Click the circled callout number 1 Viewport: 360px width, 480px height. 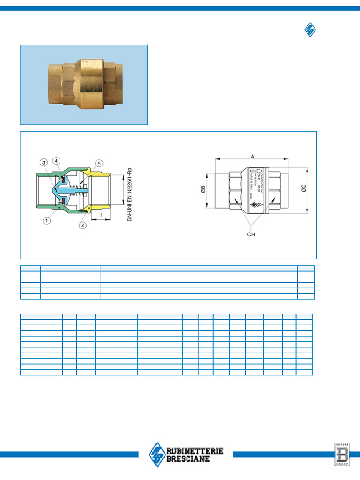(47, 219)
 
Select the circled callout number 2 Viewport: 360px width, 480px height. (83, 225)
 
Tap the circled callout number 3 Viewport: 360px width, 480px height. (43, 163)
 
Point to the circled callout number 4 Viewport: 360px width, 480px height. (56, 161)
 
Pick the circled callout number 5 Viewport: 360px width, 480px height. (99, 163)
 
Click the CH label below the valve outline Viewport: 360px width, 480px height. (251, 234)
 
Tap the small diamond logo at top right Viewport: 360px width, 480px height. (310, 30)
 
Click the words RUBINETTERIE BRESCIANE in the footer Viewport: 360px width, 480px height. (195, 455)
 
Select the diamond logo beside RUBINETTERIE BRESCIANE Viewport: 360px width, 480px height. (157, 454)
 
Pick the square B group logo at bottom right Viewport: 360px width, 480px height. (341, 454)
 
